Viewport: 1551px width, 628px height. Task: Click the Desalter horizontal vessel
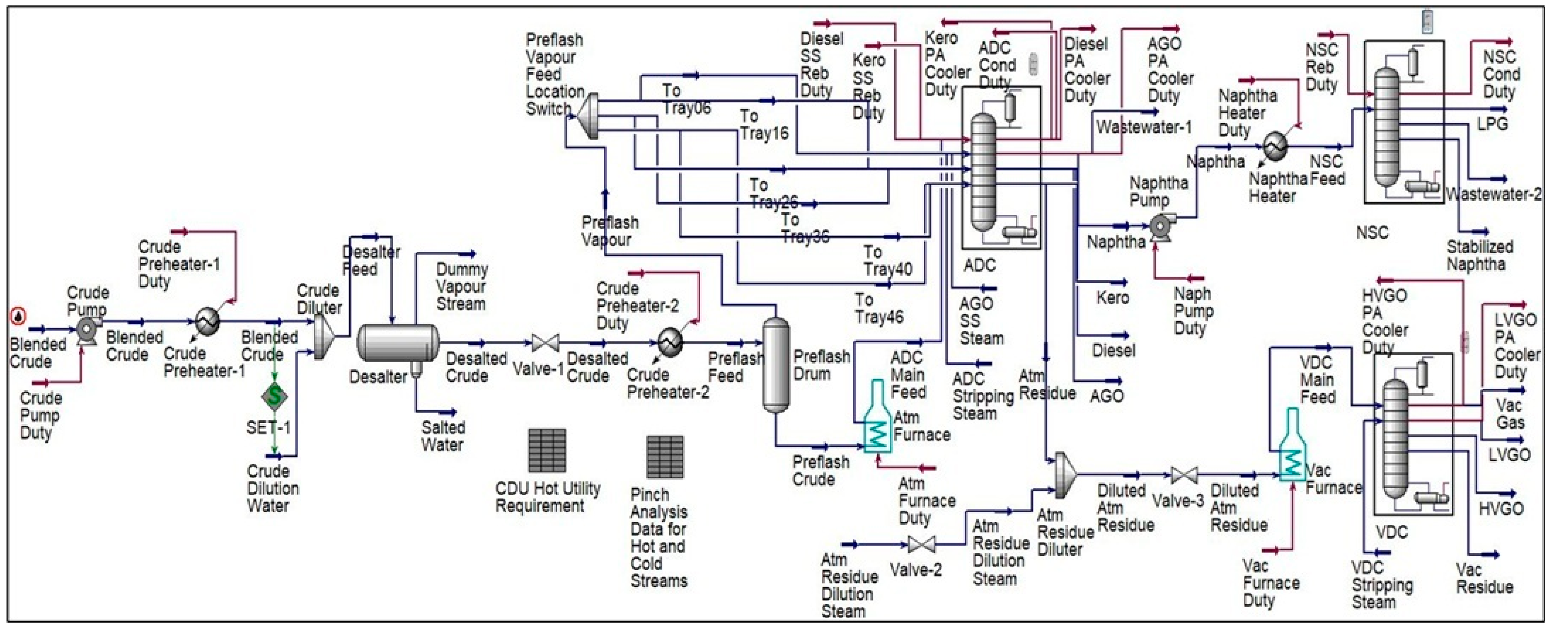point(397,343)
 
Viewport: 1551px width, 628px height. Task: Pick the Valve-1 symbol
point(545,344)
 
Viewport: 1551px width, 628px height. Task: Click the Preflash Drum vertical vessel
point(776,364)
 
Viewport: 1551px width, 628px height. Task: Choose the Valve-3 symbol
point(1184,476)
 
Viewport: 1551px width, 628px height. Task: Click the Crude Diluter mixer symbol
point(323,337)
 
